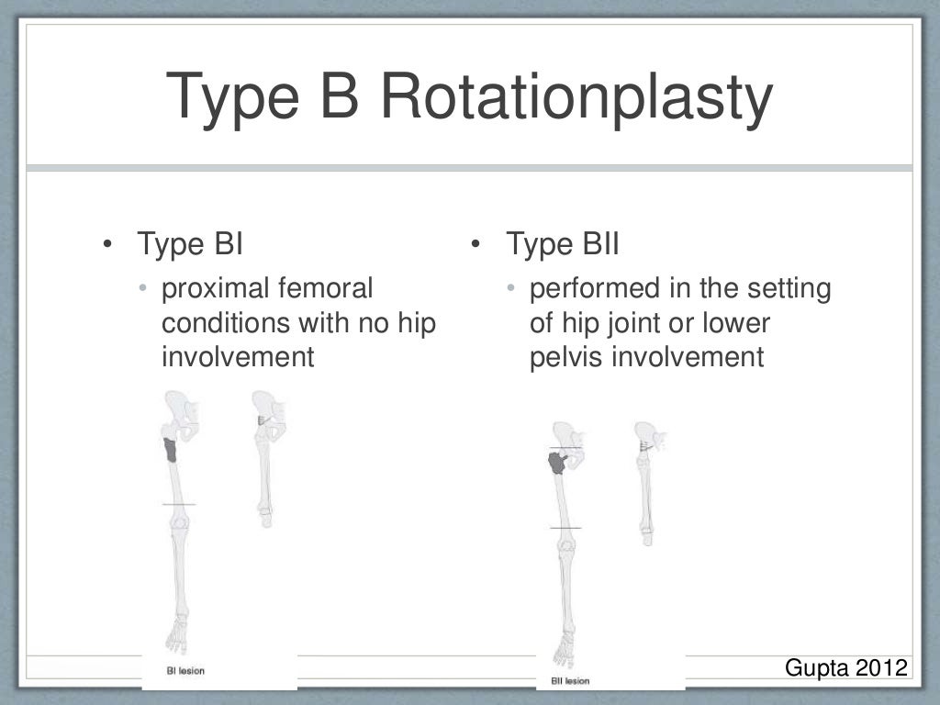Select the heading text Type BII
pyautogui.click(x=563, y=245)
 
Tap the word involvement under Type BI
pyautogui.click(x=238, y=357)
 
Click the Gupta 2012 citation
pyautogui.click(x=845, y=666)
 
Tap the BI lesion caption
pyautogui.click(x=186, y=671)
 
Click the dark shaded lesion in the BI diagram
pyautogui.click(x=171, y=450)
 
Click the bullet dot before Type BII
pyautogui.click(x=476, y=246)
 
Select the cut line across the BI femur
pyautogui.click(x=178, y=505)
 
